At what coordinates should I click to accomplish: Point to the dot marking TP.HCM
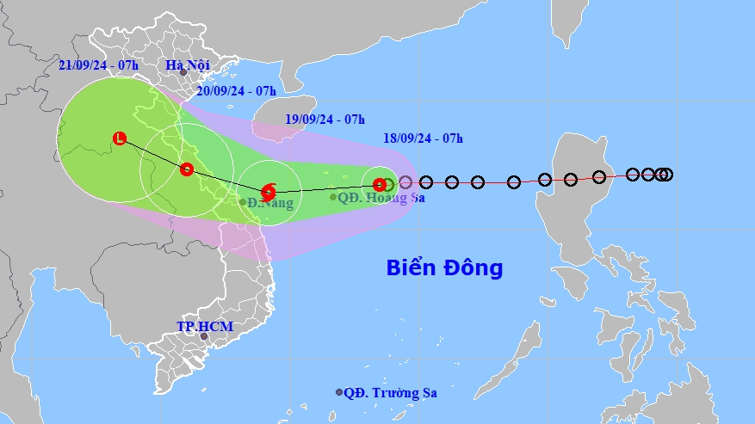tap(204, 336)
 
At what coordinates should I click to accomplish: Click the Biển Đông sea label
tap(443, 267)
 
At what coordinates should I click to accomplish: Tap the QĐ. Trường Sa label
tap(390, 393)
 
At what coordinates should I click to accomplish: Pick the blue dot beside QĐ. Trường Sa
tap(339, 392)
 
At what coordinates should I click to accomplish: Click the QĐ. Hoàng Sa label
tap(383, 197)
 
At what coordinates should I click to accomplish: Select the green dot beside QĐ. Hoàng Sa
tap(333, 197)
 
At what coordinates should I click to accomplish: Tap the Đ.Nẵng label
tap(271, 203)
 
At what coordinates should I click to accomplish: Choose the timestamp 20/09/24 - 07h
tap(236, 90)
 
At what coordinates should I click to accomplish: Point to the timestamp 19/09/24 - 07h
tap(325, 119)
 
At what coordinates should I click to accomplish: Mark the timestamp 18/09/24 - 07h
tap(424, 138)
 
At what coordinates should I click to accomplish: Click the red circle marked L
tap(119, 138)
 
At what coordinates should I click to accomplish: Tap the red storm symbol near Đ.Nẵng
tap(268, 191)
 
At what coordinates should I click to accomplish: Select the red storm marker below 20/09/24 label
tap(187, 169)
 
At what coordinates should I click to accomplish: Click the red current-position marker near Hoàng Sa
tap(380, 184)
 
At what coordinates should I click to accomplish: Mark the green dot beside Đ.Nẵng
tap(244, 203)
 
